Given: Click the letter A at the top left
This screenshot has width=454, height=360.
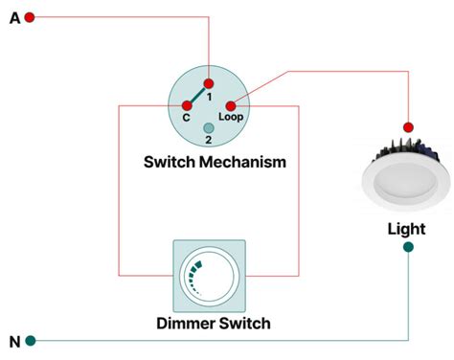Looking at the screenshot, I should (x=14, y=17).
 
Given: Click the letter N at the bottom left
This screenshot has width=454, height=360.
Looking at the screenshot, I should (x=14, y=341).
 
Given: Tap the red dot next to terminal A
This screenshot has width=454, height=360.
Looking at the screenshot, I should (x=31, y=17).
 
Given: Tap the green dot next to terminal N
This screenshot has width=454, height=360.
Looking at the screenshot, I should (x=31, y=341).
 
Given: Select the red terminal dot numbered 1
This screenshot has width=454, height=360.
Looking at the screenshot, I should (x=208, y=83).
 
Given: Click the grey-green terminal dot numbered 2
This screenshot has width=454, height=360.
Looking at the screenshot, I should (x=208, y=127).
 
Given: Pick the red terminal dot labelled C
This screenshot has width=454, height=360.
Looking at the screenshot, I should (x=187, y=105).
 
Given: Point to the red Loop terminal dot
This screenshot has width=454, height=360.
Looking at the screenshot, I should (x=230, y=105).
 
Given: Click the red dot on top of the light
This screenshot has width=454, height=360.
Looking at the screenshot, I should (x=408, y=126).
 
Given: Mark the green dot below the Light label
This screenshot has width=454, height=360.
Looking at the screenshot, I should (x=409, y=247).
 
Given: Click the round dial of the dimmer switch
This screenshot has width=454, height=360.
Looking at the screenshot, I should (x=208, y=277).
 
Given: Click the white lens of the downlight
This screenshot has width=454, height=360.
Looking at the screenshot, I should (x=405, y=186).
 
